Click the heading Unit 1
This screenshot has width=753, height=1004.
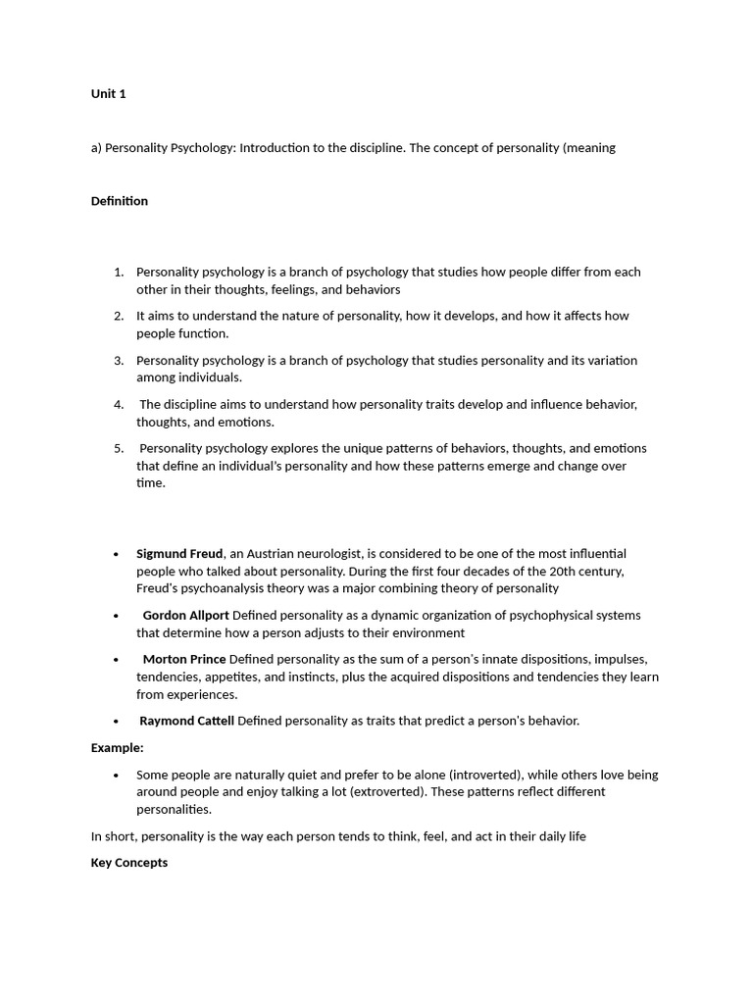109,94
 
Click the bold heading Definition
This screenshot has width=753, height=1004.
120,201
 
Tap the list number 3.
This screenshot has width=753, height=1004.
119,361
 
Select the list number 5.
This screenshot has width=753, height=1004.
119,449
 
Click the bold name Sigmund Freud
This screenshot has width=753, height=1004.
179,554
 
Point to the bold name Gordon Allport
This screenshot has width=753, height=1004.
185,616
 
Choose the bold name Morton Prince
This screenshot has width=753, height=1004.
184,660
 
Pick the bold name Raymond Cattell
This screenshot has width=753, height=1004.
186,722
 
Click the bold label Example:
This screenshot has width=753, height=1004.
118,748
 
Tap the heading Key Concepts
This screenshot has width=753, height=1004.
129,863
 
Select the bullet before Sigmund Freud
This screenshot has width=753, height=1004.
117,555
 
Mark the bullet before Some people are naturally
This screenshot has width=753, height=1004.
117,776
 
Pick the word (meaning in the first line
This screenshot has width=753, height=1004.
588,148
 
